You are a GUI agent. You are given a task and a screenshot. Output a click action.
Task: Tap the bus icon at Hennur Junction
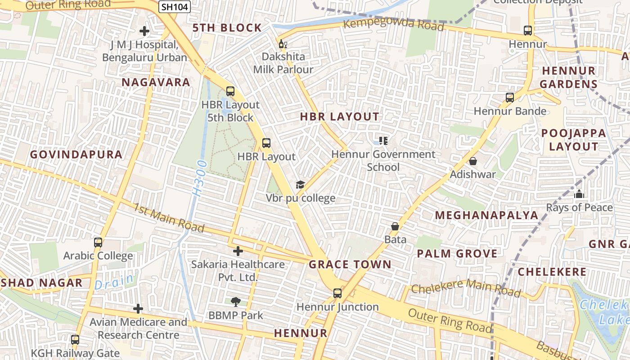pyautogui.click(x=337, y=293)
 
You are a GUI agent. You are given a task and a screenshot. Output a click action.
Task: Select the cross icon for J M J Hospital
pyautogui.click(x=144, y=31)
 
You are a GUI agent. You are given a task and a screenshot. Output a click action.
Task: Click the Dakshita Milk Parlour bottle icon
pyautogui.click(x=283, y=44)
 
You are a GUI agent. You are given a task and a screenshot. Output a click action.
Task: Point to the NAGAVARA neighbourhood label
pyautogui.click(x=156, y=82)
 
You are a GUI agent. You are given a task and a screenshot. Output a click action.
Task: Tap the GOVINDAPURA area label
pyautogui.click(x=76, y=154)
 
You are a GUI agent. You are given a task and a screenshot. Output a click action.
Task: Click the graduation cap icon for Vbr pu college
pyautogui.click(x=300, y=184)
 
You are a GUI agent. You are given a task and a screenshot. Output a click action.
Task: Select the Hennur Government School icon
pyautogui.click(x=383, y=141)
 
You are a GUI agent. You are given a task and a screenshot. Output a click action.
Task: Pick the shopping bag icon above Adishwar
pyautogui.click(x=473, y=161)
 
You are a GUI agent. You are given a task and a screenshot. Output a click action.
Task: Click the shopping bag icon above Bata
pyautogui.click(x=395, y=226)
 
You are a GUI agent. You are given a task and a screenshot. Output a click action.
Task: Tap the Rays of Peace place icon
pyautogui.click(x=579, y=194)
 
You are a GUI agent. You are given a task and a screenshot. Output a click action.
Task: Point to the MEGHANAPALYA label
pyautogui.click(x=486, y=215)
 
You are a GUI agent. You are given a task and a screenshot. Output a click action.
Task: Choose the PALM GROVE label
pyautogui.click(x=457, y=253)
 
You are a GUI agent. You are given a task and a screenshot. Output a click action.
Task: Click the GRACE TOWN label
pyautogui.click(x=350, y=264)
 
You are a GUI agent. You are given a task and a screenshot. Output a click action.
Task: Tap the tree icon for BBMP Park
pyautogui.click(x=235, y=302)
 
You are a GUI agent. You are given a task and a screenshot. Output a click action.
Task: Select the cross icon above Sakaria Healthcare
pyautogui.click(x=238, y=251)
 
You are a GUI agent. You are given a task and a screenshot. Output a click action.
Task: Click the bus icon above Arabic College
pyautogui.click(x=98, y=243)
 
